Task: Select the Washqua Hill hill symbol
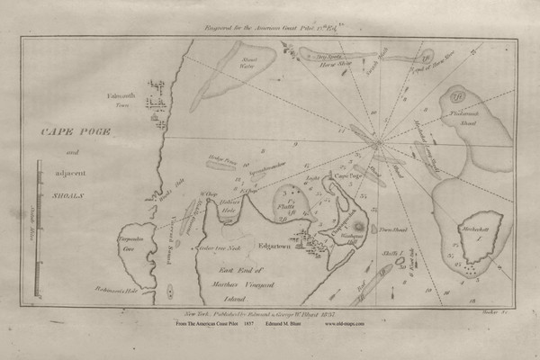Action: click(358, 224)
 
